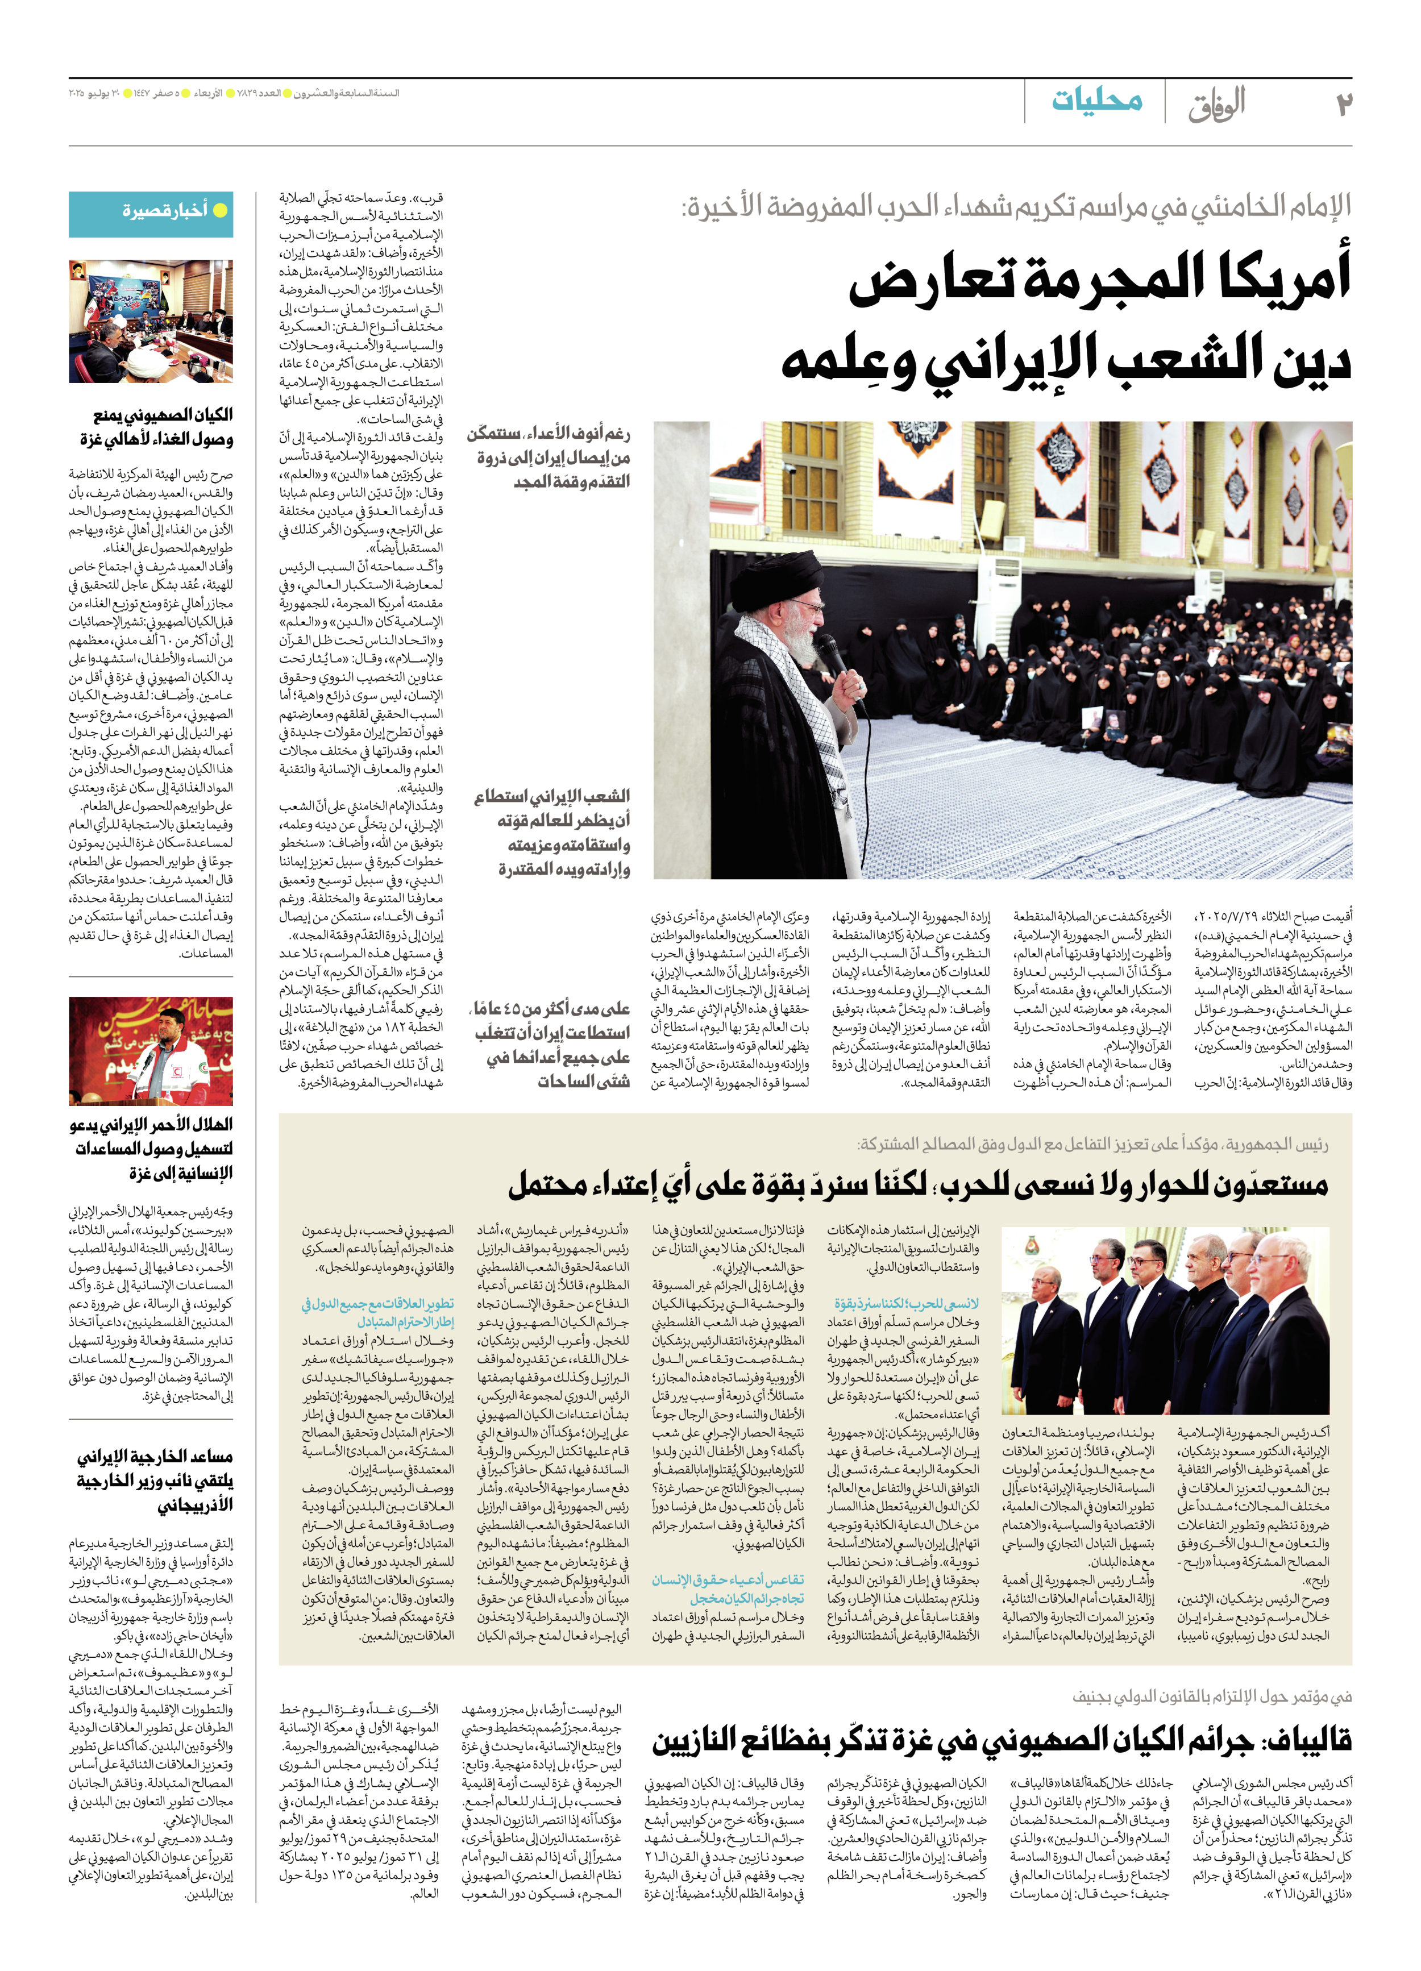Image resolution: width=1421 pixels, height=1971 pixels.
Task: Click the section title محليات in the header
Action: click(x=1097, y=101)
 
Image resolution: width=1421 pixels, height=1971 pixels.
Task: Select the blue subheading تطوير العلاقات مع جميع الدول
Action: click(x=378, y=1312)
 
